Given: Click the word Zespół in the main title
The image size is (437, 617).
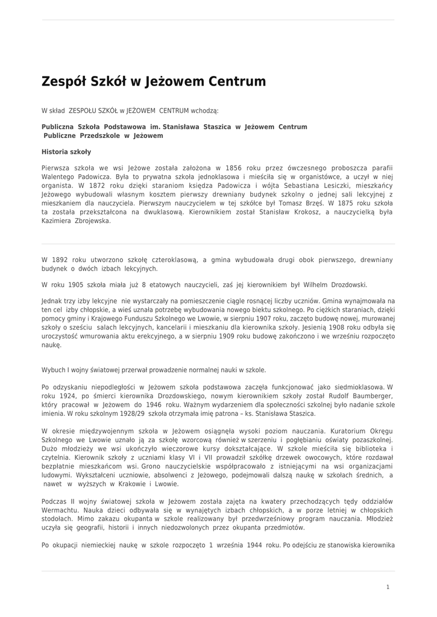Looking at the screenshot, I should point(63,81).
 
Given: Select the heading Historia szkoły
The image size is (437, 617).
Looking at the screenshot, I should point(66,152).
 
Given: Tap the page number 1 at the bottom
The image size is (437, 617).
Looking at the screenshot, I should point(388,586).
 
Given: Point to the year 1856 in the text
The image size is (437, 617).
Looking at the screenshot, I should point(232,168).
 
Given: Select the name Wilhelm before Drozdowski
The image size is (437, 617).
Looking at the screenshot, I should point(303,284).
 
